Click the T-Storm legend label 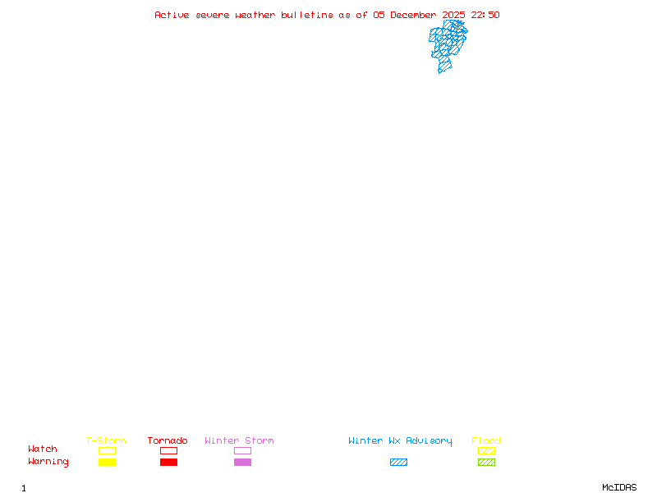[x=106, y=441]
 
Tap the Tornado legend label [x=168, y=441]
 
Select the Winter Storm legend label [x=239, y=441]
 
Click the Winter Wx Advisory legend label [x=400, y=441]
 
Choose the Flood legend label [x=486, y=441]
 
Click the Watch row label [x=43, y=449]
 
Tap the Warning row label [x=48, y=462]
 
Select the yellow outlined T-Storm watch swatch [x=107, y=450]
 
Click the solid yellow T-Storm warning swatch [x=107, y=462]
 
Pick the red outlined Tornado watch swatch [x=168, y=450]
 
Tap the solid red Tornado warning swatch [x=168, y=462]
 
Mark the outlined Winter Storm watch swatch [x=242, y=450]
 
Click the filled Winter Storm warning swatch [x=242, y=462]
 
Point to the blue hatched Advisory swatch [x=398, y=462]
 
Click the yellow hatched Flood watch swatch [x=486, y=450]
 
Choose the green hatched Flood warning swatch [x=486, y=462]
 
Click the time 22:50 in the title [x=484, y=15]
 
